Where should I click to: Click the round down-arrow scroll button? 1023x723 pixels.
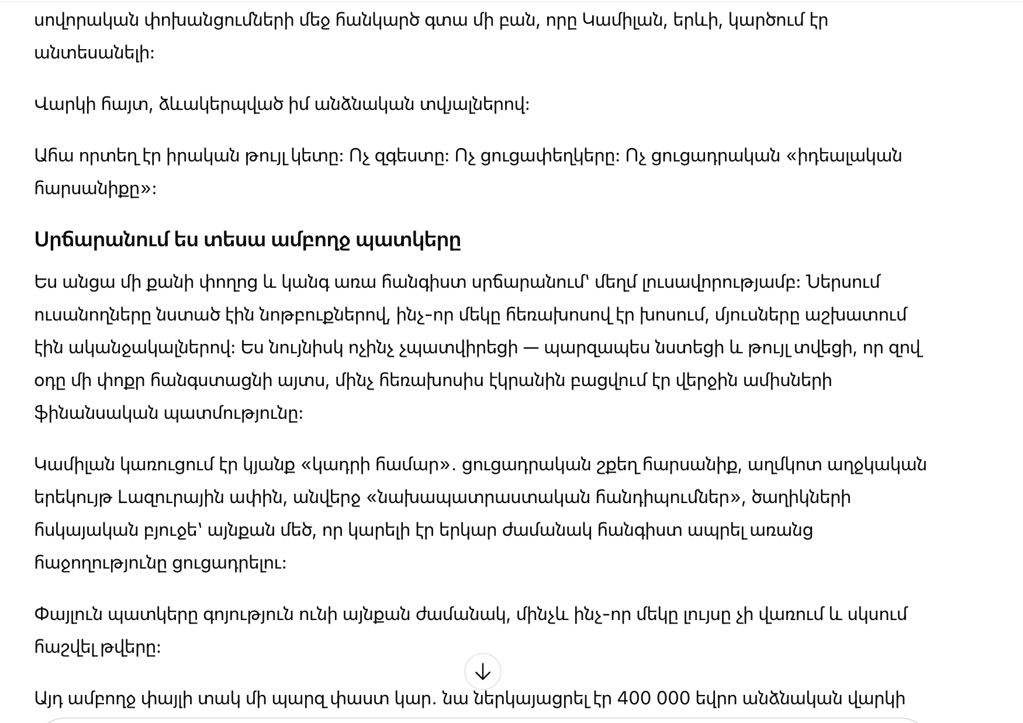tap(482, 672)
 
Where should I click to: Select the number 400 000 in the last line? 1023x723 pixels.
tap(645, 698)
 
